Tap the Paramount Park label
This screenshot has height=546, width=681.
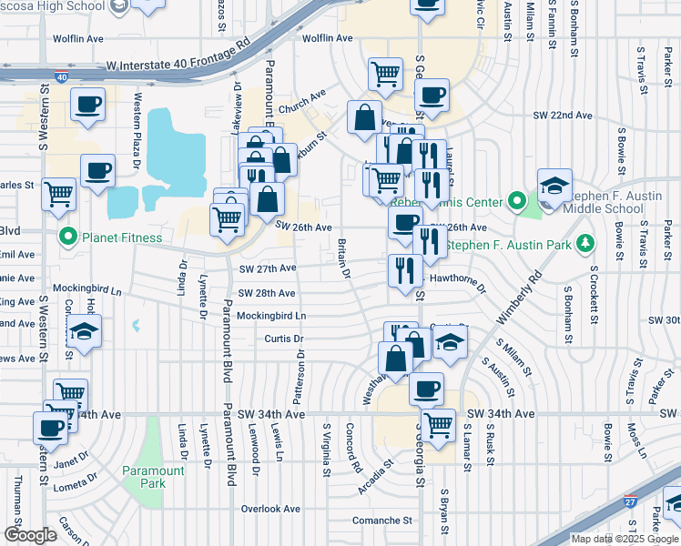tap(153, 476)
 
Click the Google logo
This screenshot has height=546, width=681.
tap(30, 534)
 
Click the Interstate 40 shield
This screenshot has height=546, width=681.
tap(60, 78)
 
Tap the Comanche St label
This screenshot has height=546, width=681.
tap(382, 521)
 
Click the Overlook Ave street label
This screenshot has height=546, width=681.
tap(269, 510)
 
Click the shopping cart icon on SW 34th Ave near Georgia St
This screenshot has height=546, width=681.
tap(439, 424)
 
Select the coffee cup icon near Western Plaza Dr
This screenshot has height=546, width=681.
tap(97, 169)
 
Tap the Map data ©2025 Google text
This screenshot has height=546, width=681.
tap(625, 538)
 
